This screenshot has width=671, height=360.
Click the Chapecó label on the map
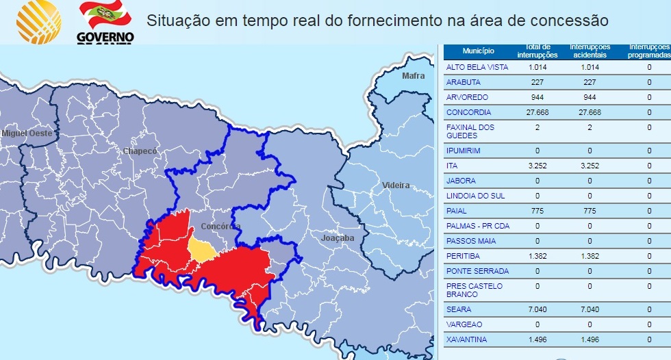(140, 151)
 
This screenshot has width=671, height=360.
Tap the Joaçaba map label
(338, 238)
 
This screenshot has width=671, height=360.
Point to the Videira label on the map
(396, 185)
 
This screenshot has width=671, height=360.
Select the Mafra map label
(413, 75)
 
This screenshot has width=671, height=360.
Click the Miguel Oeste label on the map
(27, 133)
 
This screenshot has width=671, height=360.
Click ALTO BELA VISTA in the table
(477, 67)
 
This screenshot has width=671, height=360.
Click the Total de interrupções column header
(537, 51)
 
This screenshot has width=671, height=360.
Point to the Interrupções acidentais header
(590, 51)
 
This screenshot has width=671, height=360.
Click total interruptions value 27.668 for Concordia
(537, 112)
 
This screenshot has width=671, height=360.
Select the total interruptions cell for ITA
(537, 166)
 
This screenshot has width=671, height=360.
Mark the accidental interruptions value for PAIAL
(590, 211)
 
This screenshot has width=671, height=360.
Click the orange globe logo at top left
(39, 21)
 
